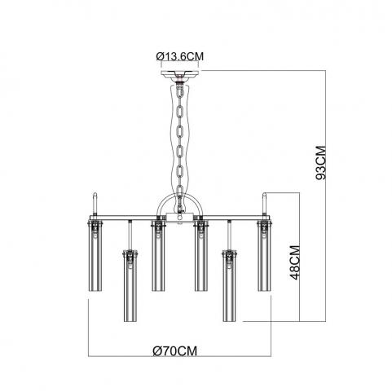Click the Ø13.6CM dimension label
tap(180, 56)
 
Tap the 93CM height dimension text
tap(321, 163)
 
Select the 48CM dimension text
tap(295, 262)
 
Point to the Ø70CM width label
tap(174, 350)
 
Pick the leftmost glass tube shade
tap(95, 256)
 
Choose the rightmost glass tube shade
tap(265, 256)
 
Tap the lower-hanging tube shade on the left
tap(130, 286)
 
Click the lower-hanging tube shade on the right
tap(230, 286)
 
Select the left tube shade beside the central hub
tap(158, 256)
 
